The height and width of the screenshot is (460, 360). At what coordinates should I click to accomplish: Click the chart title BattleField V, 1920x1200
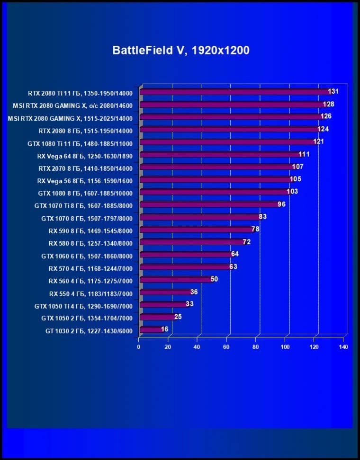[180, 51]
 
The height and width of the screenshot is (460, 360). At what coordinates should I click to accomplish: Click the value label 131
[333, 92]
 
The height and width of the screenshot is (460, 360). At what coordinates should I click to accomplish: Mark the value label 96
[281, 204]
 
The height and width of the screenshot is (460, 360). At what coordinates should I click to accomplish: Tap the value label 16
[164, 329]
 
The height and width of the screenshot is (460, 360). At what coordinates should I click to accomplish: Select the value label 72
[246, 242]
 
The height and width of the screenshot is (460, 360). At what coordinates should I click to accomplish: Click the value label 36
[194, 292]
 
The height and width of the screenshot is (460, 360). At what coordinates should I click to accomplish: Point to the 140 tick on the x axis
[343, 347]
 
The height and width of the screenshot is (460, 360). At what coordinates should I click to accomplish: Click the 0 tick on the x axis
[138, 347]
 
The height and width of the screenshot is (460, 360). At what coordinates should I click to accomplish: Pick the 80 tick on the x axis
[256, 347]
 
